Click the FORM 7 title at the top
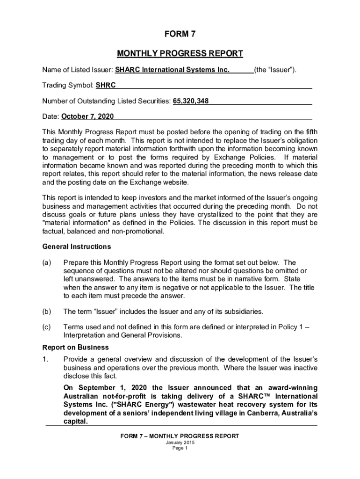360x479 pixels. point(180,34)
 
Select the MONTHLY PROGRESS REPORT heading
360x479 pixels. point(180,53)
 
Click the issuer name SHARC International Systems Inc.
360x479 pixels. point(173,70)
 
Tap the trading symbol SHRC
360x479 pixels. point(106,85)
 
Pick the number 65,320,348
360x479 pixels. point(191,101)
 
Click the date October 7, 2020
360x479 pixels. point(87,116)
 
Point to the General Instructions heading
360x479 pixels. point(77,247)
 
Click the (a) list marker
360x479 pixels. point(47,263)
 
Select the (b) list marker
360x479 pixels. point(47,311)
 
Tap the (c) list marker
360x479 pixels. point(47,327)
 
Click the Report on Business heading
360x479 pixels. point(75,347)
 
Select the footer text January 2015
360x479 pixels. point(180,443)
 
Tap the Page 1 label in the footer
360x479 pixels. point(180,448)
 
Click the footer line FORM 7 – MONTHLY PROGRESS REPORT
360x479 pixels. point(180,436)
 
